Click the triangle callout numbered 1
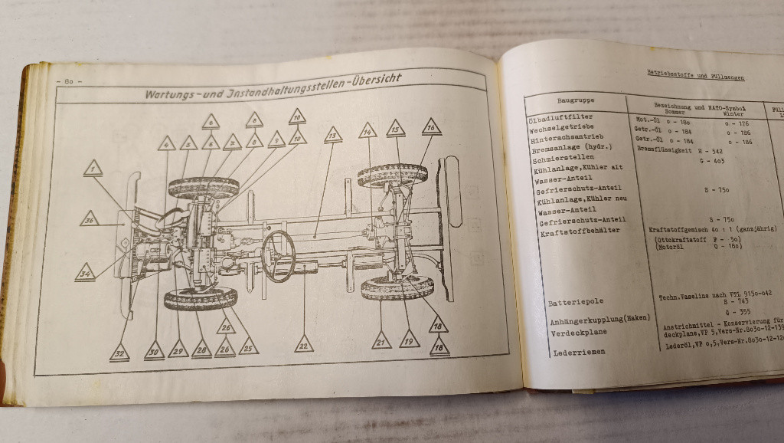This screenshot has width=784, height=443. [93, 169]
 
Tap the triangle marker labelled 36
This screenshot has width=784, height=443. [90, 219]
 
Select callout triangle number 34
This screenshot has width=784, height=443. [85, 272]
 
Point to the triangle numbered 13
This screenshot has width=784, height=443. [332, 136]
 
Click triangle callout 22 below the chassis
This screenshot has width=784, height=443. [304, 344]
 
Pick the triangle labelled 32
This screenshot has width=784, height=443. [119, 353]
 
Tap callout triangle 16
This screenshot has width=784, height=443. [431, 126]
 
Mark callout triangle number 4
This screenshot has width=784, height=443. [167, 143]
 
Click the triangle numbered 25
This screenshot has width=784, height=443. [248, 346]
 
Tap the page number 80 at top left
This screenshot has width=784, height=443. [69, 80]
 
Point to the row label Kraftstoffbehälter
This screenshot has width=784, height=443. [580, 230]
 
